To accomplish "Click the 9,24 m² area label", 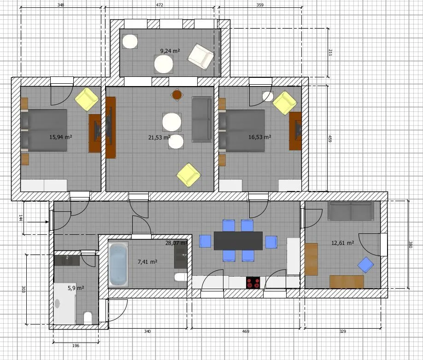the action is (170, 51).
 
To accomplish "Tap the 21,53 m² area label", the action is (159, 138).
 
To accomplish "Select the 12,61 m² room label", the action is (343, 243).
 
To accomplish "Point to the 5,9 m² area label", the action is (76, 288).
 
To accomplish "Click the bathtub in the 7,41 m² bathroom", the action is (118, 264).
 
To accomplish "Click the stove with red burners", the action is (253, 283).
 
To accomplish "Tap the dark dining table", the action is (238, 241).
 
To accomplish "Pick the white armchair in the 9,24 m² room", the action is (201, 56).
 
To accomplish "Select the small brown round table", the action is (176, 94).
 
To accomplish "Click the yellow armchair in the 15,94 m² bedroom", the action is (86, 99).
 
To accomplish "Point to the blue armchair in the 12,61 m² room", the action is (365, 265).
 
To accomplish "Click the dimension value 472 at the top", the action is (160, 5).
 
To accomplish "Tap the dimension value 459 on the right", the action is (329, 139).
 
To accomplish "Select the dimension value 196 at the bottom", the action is (76, 345).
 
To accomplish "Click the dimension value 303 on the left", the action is (23, 289).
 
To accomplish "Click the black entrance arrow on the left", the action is (38, 222).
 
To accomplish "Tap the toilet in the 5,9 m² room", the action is (88, 318).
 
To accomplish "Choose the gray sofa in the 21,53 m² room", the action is (201, 120).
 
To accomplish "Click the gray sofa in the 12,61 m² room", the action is (351, 211).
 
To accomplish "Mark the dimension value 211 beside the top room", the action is (330, 52).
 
